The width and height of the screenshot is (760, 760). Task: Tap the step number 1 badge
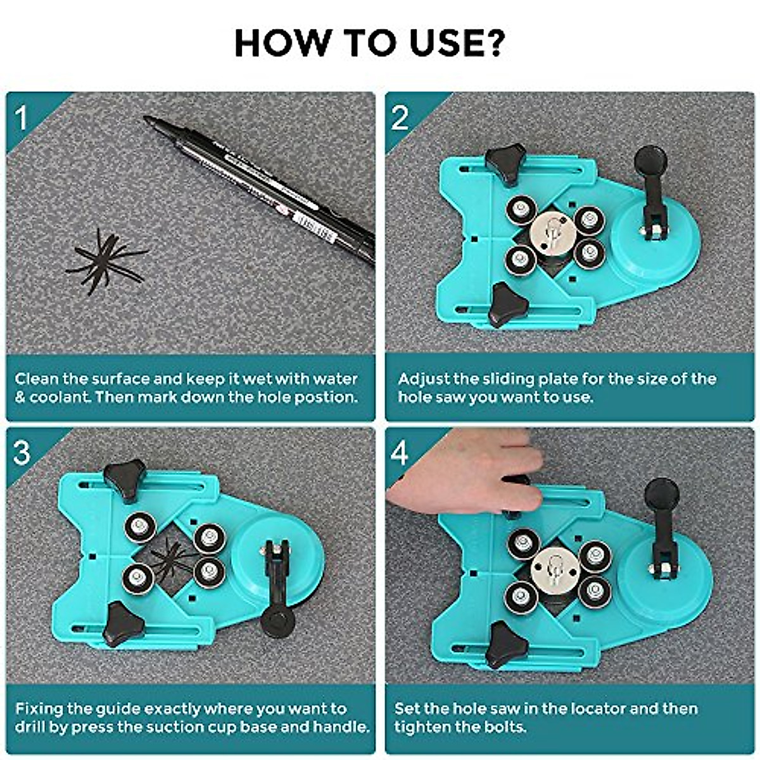pyautogui.click(x=22, y=118)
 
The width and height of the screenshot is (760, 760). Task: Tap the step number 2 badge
pyautogui.click(x=400, y=118)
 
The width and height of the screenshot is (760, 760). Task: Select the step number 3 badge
pyautogui.click(x=22, y=453)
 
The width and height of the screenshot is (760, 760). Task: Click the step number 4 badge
pyautogui.click(x=400, y=453)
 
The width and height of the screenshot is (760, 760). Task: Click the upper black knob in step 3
pyautogui.click(x=125, y=478)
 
